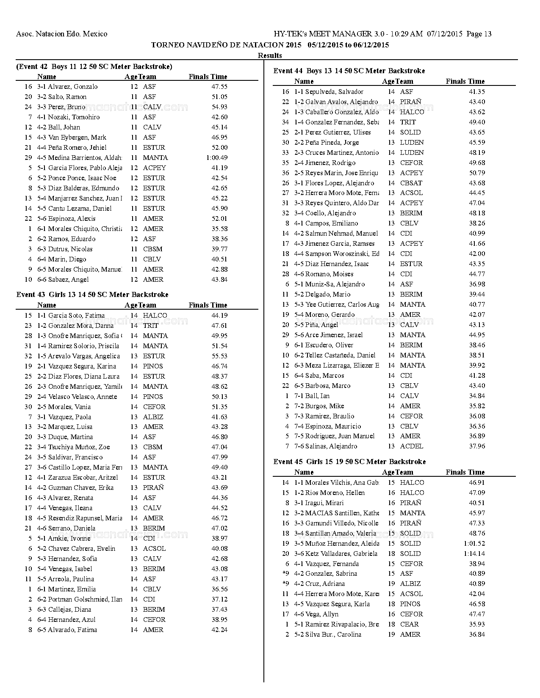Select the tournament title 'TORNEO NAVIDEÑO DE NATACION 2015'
click(226, 45)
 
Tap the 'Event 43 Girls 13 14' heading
click(92, 294)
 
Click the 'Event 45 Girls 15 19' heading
click(349, 462)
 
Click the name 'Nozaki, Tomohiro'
click(74, 117)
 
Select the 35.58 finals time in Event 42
click(219, 228)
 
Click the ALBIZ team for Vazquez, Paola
click(153, 417)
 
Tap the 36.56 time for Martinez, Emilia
click(219, 589)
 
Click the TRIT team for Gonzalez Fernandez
click(407, 122)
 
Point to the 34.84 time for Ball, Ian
click(477, 396)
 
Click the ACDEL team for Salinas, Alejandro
click(411, 446)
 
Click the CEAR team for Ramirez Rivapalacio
click(409, 624)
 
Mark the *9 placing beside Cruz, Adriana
click(285, 583)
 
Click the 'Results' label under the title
click(270, 55)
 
